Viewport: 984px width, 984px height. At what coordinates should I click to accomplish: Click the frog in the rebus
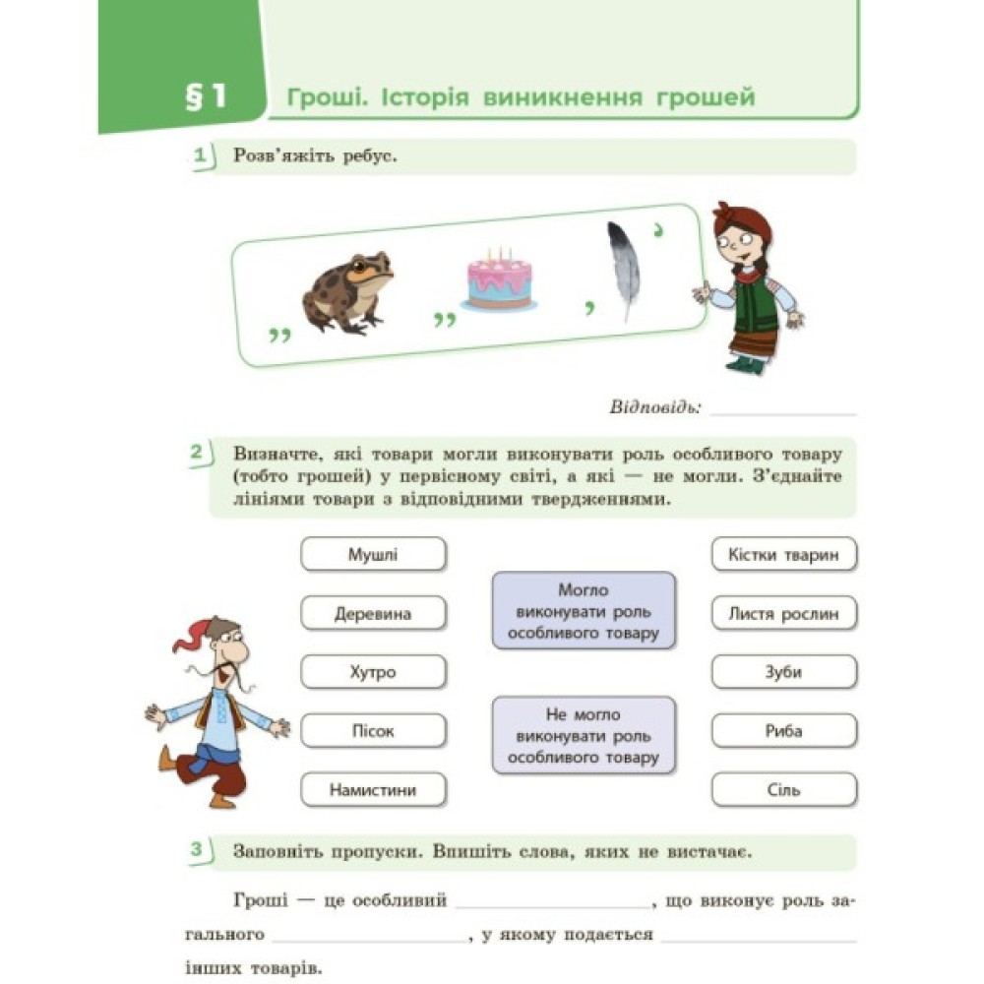point(348,292)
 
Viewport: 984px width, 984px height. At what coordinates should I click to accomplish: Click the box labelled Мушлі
point(373,554)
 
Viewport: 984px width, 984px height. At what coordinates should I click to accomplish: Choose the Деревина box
point(373,613)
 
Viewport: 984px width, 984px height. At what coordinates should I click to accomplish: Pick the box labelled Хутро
point(373,672)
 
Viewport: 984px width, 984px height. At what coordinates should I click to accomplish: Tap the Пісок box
point(373,731)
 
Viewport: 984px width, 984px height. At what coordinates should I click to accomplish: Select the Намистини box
point(373,790)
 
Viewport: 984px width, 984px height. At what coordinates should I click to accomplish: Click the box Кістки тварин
point(783,554)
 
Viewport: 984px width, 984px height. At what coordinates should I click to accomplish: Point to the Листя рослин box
point(783,613)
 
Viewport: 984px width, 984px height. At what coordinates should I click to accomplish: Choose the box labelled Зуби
point(783,672)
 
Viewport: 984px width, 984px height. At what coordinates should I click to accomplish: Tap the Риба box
point(783,731)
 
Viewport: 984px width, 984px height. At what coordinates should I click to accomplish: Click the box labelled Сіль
point(783,790)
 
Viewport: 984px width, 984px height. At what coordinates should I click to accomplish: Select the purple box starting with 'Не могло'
point(584,735)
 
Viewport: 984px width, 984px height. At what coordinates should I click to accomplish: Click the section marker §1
point(206,97)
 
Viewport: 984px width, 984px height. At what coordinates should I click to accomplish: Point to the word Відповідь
point(654,406)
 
